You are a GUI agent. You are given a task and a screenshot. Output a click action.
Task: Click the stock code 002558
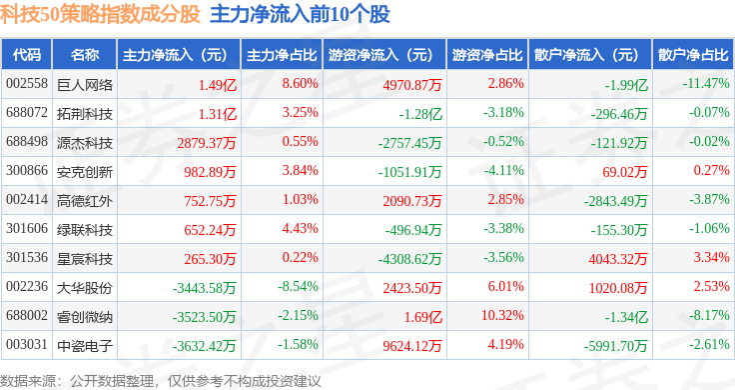click(x=27, y=84)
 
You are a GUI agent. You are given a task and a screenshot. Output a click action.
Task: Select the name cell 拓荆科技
click(x=85, y=114)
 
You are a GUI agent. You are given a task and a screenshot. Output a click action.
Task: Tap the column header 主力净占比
click(x=282, y=55)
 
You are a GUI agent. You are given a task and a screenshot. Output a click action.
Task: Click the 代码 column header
click(x=27, y=55)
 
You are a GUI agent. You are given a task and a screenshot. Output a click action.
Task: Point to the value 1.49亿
click(x=217, y=85)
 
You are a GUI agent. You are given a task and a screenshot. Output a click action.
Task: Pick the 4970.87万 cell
click(x=412, y=85)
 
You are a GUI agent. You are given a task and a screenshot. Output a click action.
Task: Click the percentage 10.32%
click(x=502, y=315)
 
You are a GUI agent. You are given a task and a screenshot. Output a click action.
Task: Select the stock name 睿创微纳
click(x=85, y=317)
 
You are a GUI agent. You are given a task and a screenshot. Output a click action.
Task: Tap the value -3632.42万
click(x=204, y=346)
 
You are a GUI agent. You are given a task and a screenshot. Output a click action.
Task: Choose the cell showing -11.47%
click(x=706, y=84)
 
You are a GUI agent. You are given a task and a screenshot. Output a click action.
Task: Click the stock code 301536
click(x=27, y=258)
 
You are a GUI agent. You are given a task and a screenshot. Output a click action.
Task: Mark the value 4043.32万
click(x=618, y=259)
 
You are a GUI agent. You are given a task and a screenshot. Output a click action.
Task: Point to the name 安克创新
click(x=85, y=172)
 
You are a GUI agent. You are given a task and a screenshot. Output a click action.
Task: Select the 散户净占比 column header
click(x=693, y=55)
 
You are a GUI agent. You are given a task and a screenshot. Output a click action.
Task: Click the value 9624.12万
click(x=412, y=346)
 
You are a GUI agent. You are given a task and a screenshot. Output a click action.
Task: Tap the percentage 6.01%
click(x=505, y=286)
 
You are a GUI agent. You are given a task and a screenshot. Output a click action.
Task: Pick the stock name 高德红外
click(x=85, y=201)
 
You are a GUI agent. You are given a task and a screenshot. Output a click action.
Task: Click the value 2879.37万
click(x=207, y=143)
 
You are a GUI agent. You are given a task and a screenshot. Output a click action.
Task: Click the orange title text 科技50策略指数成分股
click(x=100, y=15)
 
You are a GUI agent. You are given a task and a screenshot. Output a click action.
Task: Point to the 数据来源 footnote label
click(x=28, y=381)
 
